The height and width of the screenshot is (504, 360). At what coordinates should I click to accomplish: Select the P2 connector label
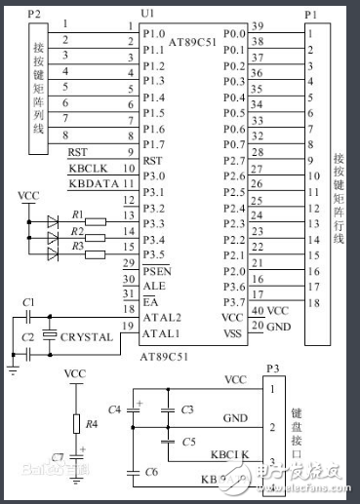[35, 16]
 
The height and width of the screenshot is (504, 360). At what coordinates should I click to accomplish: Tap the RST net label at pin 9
[77, 152]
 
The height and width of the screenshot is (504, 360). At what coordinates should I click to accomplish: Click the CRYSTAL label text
[86, 337]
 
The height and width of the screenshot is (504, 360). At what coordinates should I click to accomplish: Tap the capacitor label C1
[28, 304]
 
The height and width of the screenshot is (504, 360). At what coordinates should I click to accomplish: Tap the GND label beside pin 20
[279, 327]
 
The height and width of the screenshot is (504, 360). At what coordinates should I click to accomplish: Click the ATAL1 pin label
[160, 335]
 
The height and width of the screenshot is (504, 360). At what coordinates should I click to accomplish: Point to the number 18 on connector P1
[312, 304]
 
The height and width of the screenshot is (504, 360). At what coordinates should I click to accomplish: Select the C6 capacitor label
[150, 472]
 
